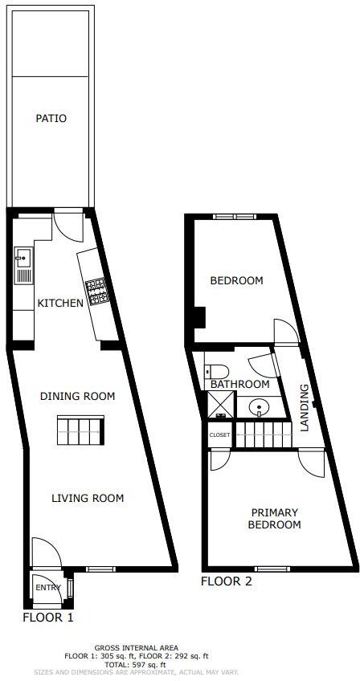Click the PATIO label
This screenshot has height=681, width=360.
point(51,119)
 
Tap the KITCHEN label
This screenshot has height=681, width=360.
point(60,304)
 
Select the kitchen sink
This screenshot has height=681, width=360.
point(22,259)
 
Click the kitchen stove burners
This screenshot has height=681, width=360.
point(97,291)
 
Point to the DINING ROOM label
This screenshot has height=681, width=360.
point(77,396)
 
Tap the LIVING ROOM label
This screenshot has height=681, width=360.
point(88,499)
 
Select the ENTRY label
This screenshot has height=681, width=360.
point(47,588)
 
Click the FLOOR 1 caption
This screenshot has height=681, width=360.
point(48,618)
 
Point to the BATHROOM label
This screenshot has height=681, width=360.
point(239,385)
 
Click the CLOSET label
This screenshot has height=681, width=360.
point(219,435)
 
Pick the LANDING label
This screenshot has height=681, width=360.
point(305,408)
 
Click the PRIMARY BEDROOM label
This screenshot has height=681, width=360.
point(275,519)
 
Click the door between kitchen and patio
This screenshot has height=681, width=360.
point(68,225)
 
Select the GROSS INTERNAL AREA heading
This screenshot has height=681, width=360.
point(136,647)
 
